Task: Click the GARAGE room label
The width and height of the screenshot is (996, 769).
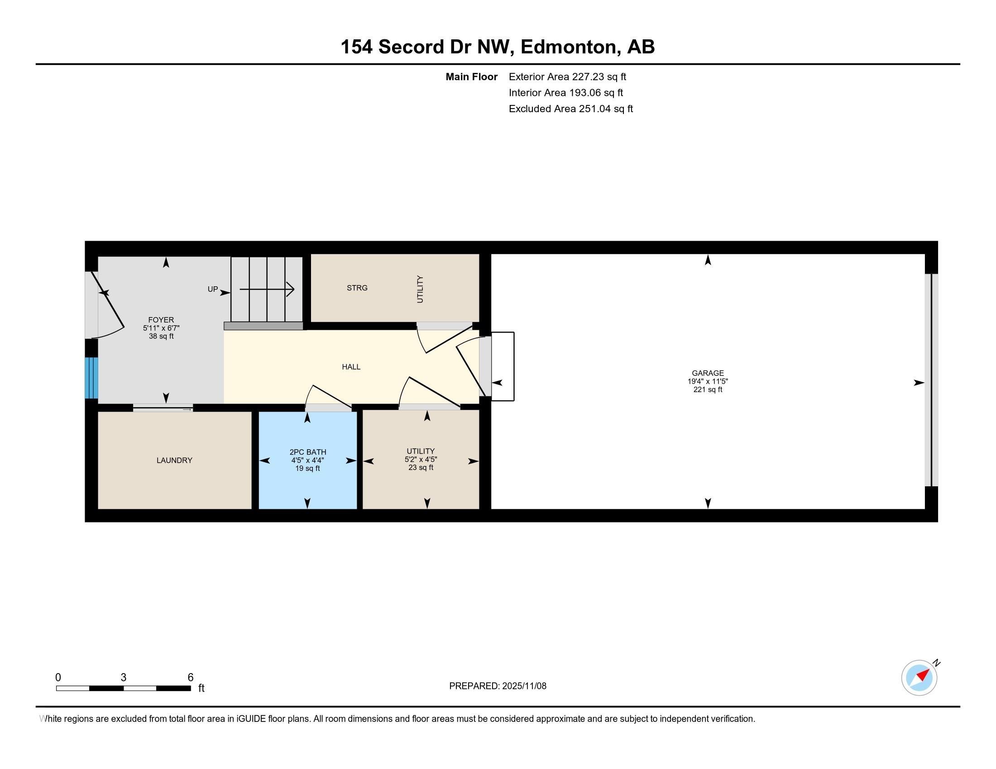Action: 707,373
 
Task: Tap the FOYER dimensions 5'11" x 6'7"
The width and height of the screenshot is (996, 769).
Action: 161,328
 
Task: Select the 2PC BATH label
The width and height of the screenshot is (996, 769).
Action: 308,452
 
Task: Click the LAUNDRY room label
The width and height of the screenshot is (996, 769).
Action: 174,460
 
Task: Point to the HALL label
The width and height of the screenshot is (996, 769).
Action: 351,367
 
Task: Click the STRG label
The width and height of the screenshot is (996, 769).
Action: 357,288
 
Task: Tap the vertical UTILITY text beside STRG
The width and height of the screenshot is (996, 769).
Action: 420,290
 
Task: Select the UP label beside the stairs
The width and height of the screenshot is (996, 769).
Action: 212,290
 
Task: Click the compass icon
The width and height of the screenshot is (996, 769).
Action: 919,678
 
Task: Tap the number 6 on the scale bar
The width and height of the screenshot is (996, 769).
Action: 191,678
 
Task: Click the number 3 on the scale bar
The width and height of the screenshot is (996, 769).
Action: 124,678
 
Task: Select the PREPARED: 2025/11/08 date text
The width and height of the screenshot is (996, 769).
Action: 498,686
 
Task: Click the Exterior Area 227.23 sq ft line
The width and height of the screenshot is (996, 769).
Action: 567,77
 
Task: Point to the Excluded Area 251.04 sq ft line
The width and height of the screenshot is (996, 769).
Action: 570,109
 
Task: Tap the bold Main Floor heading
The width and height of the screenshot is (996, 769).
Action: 471,77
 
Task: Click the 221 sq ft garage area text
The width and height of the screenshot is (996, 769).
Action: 707,389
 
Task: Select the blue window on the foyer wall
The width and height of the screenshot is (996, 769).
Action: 91,378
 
